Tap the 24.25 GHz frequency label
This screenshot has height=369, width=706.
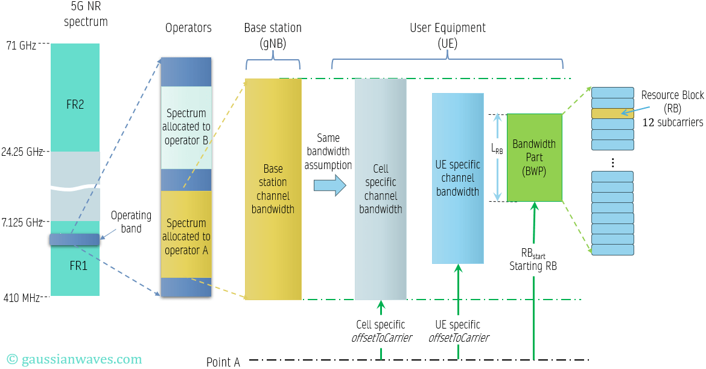(22, 152)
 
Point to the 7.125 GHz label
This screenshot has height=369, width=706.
(22, 223)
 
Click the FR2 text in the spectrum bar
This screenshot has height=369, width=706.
(75, 104)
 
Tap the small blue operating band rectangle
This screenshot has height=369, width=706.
(74, 240)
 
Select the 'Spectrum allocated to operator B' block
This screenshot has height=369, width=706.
(186, 127)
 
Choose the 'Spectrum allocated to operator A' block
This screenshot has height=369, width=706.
(186, 236)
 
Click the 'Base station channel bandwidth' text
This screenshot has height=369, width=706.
(273, 189)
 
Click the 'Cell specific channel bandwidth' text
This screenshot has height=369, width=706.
(380, 189)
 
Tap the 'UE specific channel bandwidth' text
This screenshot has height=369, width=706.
(457, 178)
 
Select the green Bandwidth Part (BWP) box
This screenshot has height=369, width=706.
(534, 158)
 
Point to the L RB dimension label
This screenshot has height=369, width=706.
(497, 148)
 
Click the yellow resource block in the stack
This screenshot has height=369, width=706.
(612, 113)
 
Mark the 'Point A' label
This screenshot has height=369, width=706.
(223, 362)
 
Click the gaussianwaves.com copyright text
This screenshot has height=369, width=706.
(74, 359)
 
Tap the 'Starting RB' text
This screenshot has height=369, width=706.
(533, 266)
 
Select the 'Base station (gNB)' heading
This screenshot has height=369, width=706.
(273, 35)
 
